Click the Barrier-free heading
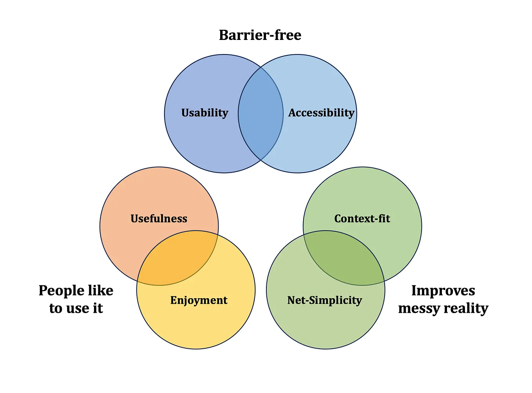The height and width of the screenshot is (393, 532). pos(260,35)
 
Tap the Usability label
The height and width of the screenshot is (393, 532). pos(204,113)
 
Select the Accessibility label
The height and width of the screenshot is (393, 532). pos(321,113)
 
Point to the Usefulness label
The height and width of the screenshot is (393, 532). pos(159,218)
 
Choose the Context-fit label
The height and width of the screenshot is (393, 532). pos(362,218)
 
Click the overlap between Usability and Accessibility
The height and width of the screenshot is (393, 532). pos(261,114)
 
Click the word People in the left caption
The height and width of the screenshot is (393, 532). pos(61,291)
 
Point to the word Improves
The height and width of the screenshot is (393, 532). pos(443,291)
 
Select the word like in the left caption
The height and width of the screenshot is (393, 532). pos(101,290)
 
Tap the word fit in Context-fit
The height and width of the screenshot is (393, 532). pos(384,218)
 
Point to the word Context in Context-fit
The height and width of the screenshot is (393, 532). pos(353,218)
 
